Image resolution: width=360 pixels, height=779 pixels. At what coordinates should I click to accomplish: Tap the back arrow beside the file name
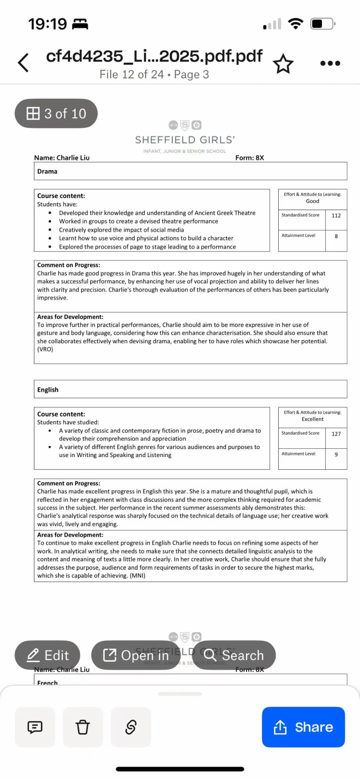[23, 63]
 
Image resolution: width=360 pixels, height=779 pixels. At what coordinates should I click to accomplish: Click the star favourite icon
[283, 64]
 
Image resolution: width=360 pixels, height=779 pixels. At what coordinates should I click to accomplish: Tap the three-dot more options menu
[330, 63]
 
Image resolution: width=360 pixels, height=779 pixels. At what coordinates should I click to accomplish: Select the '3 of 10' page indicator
[56, 113]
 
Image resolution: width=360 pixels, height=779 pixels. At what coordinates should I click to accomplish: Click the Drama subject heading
[47, 171]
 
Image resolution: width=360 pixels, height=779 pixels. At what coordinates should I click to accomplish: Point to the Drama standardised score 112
[336, 215]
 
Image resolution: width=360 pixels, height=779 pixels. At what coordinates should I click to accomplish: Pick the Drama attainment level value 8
[336, 236]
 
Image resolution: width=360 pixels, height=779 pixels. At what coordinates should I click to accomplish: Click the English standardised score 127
[336, 434]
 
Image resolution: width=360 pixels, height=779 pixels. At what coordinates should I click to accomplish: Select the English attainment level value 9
[336, 454]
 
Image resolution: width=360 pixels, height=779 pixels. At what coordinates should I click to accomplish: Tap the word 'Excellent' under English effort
[312, 419]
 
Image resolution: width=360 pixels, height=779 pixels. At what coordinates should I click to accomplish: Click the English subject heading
[48, 389]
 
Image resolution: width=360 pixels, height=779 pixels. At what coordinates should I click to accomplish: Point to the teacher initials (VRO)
[45, 349]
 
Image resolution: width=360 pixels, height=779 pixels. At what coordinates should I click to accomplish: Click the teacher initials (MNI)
[137, 575]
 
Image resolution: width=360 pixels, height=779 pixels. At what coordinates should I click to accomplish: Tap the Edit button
[48, 655]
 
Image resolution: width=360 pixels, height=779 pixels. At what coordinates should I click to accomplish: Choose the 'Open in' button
[136, 655]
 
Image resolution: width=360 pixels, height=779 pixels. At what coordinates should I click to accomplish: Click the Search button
[234, 655]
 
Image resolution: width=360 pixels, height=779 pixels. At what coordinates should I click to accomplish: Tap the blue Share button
[303, 727]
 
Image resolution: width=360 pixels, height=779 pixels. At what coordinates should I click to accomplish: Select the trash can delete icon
[83, 727]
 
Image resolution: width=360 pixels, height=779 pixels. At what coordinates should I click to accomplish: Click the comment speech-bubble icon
[35, 727]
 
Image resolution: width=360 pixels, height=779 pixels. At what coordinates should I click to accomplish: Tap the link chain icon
[131, 727]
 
